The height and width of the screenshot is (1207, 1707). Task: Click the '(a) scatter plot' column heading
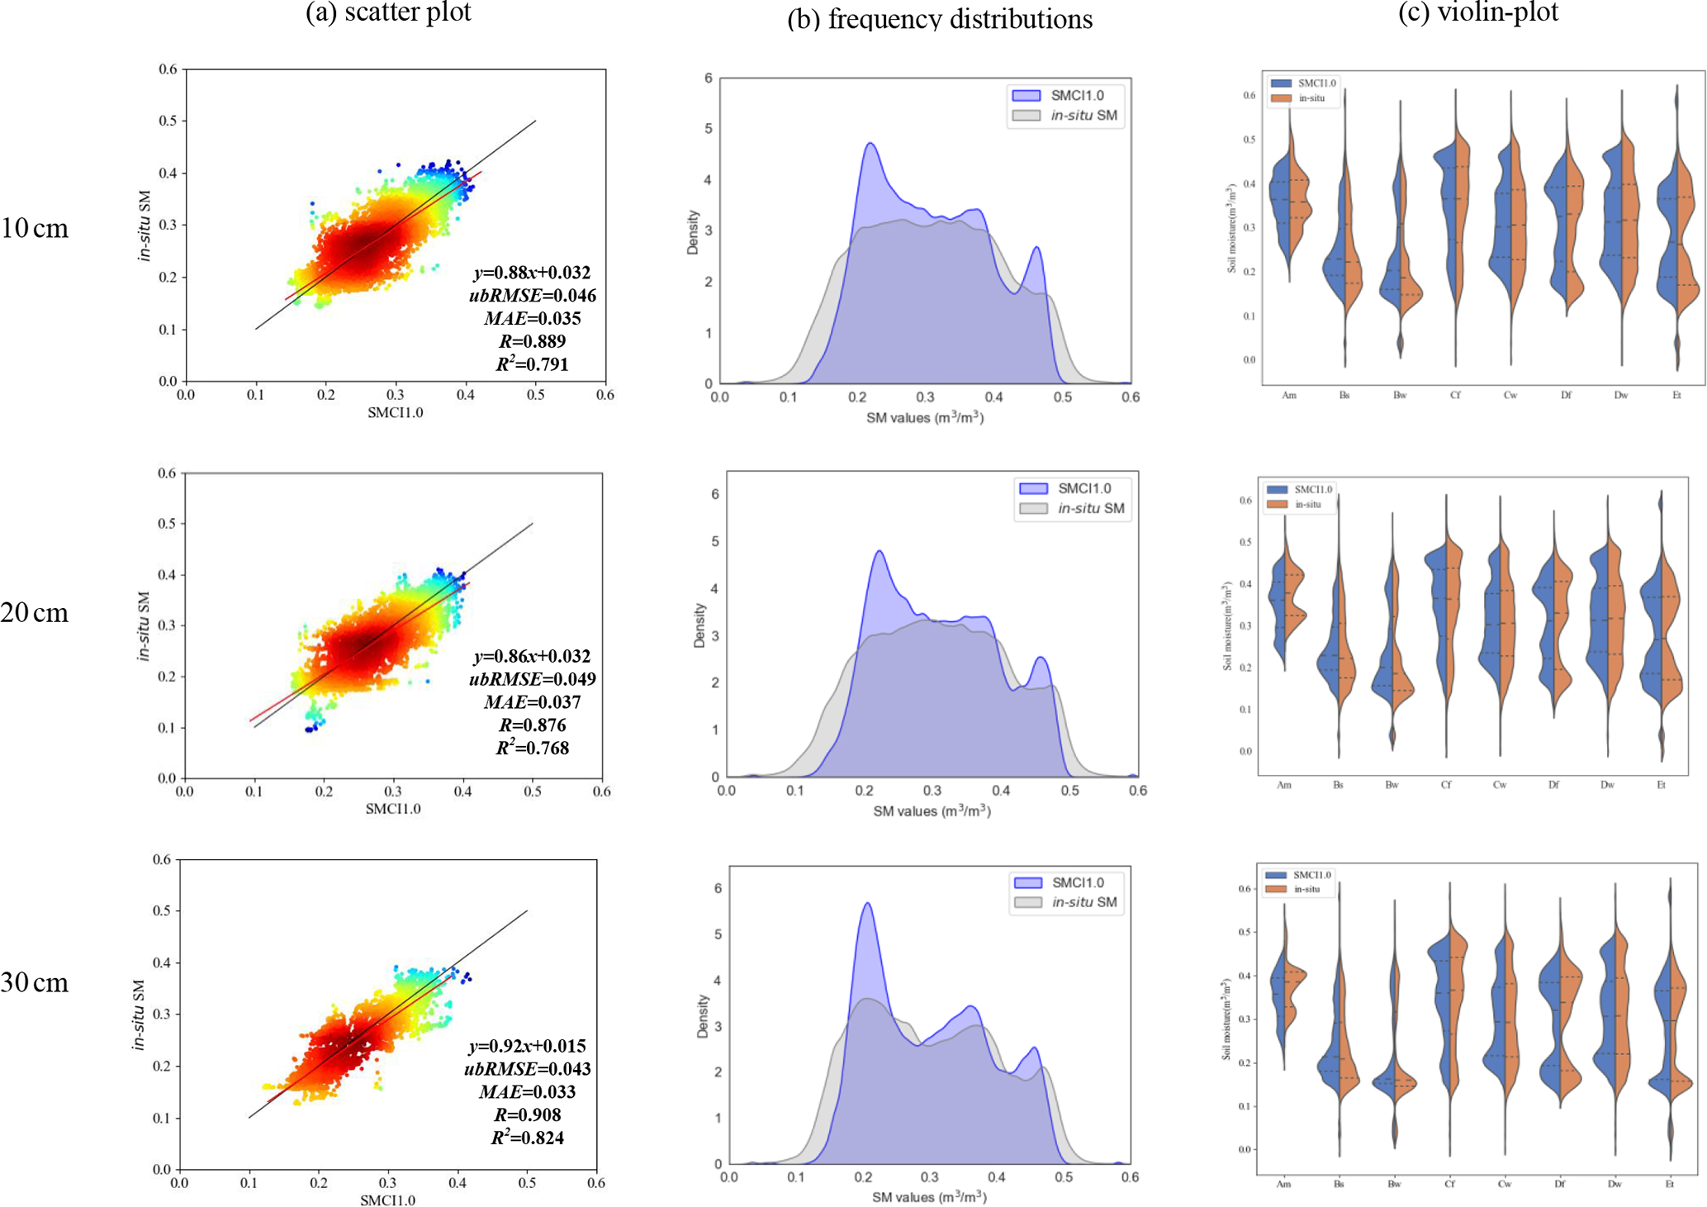(388, 12)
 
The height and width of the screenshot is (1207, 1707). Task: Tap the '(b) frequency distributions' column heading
(939, 19)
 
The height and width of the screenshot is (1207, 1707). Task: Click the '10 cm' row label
(35, 228)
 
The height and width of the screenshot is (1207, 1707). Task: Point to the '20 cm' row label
(35, 612)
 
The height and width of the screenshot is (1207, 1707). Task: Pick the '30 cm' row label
(35, 982)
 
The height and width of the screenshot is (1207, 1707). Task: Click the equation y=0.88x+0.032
(532, 273)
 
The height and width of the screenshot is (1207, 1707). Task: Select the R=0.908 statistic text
(527, 1114)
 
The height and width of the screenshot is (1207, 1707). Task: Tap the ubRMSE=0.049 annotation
(532, 679)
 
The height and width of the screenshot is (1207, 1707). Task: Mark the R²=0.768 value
(532, 748)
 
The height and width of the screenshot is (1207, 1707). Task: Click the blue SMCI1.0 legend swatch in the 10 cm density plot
(1026, 96)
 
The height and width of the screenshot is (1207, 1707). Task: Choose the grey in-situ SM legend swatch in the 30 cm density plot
(1027, 902)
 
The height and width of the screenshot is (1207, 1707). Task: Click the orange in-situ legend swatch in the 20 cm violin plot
(1277, 505)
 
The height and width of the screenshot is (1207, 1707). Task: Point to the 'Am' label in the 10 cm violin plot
(1289, 396)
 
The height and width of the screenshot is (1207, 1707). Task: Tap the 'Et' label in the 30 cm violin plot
(1669, 1184)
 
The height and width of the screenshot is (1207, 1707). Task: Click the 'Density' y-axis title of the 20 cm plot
(700, 625)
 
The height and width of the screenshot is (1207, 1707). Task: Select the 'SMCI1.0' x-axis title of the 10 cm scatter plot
(395, 413)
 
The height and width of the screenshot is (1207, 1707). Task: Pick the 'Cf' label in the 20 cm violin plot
(1446, 785)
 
